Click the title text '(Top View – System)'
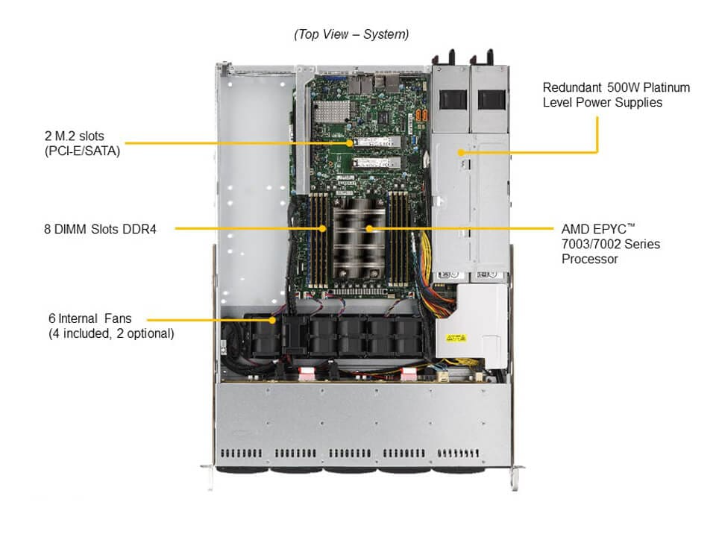click(x=351, y=34)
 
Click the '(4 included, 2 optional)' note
click(x=111, y=333)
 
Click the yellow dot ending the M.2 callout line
click(x=348, y=142)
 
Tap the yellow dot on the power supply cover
click(x=461, y=152)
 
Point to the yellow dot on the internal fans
click(x=273, y=320)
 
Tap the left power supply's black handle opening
click(x=453, y=98)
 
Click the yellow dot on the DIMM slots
click(x=323, y=228)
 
